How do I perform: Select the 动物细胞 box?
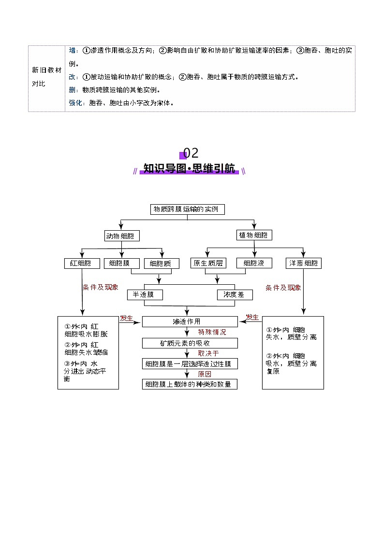tap(122, 236)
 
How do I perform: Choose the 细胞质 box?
tap(161, 264)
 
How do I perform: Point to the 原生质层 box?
tap(208, 263)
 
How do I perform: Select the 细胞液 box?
tap(254, 263)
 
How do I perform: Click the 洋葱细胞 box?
tap(303, 263)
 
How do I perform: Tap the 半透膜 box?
tap(145, 294)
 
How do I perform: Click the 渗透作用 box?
tap(190, 321)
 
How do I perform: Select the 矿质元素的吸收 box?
tap(190, 343)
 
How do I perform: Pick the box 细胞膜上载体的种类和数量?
tap(190, 384)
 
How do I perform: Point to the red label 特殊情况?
tap(212, 332)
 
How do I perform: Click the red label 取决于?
tap(208, 353)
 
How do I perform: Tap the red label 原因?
tap(205, 374)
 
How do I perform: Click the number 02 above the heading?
tap(191, 153)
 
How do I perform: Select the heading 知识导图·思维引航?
tap(189, 169)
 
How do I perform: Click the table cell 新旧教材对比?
tap(46, 77)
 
